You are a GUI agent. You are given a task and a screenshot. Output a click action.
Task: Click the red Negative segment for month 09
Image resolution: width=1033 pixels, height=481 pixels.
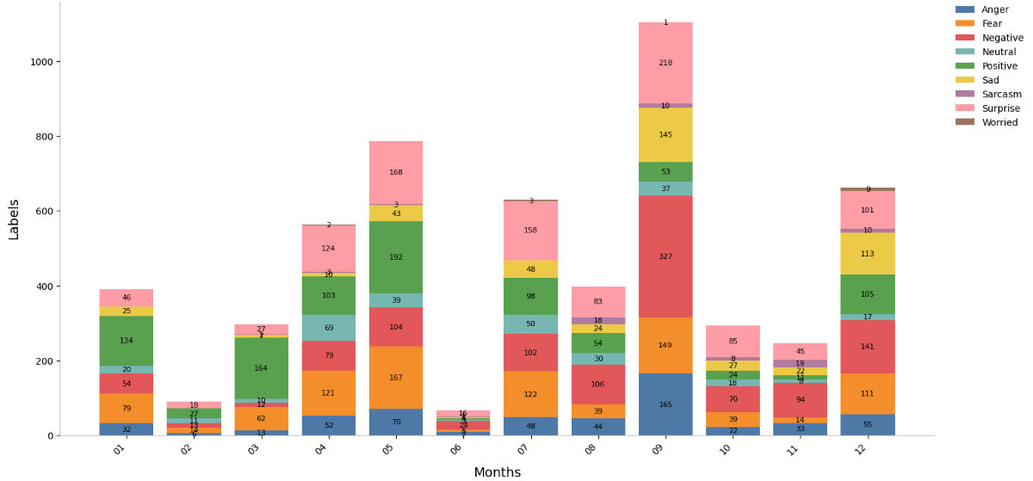tap(665, 256)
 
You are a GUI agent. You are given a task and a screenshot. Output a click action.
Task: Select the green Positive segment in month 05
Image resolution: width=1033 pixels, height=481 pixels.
tap(396, 257)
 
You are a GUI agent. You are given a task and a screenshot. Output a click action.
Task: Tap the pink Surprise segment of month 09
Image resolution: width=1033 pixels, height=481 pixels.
tap(665, 63)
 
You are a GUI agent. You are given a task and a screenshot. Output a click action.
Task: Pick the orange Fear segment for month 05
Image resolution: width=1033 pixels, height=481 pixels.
tap(396, 378)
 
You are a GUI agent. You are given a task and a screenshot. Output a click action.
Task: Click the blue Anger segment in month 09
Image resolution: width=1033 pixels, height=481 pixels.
tap(665, 404)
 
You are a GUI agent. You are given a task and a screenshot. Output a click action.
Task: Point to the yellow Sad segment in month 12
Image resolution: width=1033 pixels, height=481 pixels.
tap(868, 254)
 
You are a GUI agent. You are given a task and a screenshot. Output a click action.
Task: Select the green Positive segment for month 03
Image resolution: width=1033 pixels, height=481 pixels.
tap(261, 368)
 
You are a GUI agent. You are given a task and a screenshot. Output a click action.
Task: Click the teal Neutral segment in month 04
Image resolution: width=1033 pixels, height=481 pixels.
tap(329, 328)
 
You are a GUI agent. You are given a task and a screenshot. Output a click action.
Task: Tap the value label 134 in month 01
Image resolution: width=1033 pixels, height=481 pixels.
tap(127, 341)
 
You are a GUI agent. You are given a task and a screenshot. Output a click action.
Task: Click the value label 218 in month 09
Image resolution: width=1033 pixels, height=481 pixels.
tap(665, 63)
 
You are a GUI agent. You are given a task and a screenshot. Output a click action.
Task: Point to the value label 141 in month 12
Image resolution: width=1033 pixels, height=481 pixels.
tap(868, 347)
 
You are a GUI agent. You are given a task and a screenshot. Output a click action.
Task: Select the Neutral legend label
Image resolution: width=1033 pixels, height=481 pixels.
tap(999, 52)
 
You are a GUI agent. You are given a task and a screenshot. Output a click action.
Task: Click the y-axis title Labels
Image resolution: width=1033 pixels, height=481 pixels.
tap(14, 219)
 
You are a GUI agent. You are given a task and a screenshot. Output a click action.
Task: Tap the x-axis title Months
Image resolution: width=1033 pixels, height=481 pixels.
tap(497, 472)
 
